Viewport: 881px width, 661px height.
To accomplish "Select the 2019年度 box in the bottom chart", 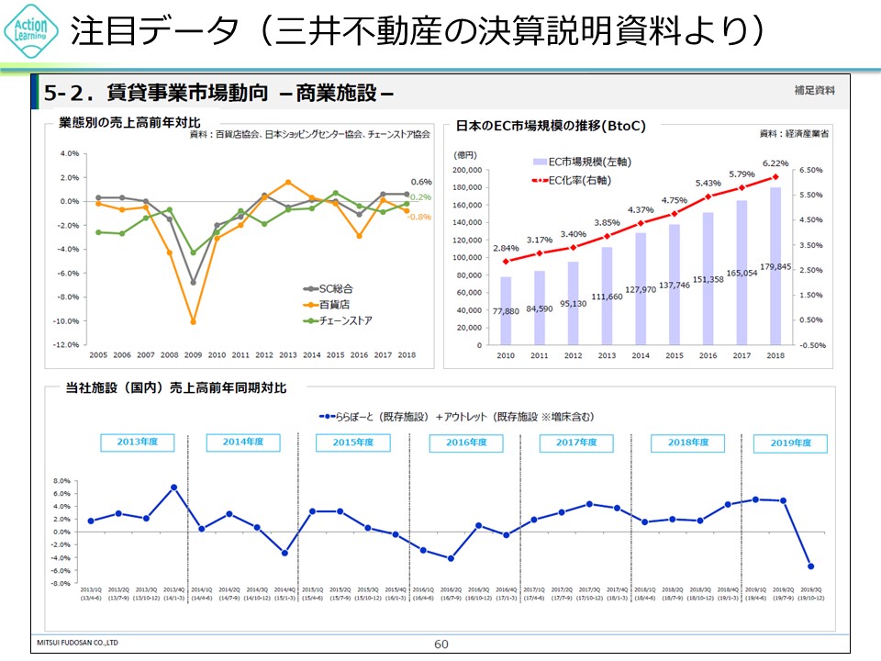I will tap(790, 443).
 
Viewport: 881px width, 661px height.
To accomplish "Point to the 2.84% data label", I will tap(506, 248).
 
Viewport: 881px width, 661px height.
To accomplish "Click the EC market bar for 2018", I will tap(775, 266).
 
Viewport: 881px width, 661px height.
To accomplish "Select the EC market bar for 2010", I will tap(506, 311).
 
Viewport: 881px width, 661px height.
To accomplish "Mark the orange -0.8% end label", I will tap(419, 217).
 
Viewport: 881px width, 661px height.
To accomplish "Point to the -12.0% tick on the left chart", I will tap(67, 345).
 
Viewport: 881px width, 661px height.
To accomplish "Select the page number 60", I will tap(441, 644).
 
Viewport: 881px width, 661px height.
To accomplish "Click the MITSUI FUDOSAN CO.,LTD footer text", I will tap(77, 642).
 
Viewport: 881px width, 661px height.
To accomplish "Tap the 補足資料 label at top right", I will tap(815, 90).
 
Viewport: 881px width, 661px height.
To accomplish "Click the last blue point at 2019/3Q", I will tap(810, 566).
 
